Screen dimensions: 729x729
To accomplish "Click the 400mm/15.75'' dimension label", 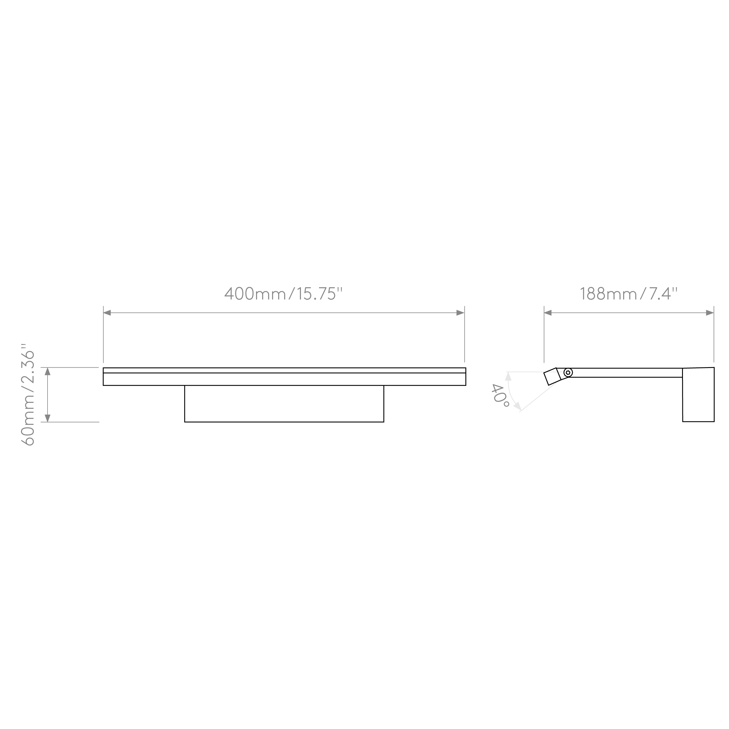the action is click(283, 294).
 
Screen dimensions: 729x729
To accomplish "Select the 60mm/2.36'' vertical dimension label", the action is click(28, 394).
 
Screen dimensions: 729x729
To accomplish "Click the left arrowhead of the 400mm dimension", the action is click(107, 313).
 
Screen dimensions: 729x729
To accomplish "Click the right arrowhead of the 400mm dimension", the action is click(460, 313).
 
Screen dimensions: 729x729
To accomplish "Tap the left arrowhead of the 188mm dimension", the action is click(548, 313).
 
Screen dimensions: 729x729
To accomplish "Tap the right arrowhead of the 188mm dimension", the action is click(710, 313).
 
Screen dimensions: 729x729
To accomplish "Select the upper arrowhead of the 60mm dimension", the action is click(48, 371).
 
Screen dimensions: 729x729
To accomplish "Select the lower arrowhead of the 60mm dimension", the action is click(48, 418).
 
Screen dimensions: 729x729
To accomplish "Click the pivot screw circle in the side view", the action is click(568, 373).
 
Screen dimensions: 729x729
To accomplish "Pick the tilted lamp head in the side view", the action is click(552, 376).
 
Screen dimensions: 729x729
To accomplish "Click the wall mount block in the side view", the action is click(698, 394).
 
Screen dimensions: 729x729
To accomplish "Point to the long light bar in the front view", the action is click(285, 376).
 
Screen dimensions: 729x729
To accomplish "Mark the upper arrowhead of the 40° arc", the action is click(508, 376).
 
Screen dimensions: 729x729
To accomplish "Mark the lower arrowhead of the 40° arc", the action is click(518, 406).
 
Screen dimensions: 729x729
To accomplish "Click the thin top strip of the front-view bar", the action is click(285, 370).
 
